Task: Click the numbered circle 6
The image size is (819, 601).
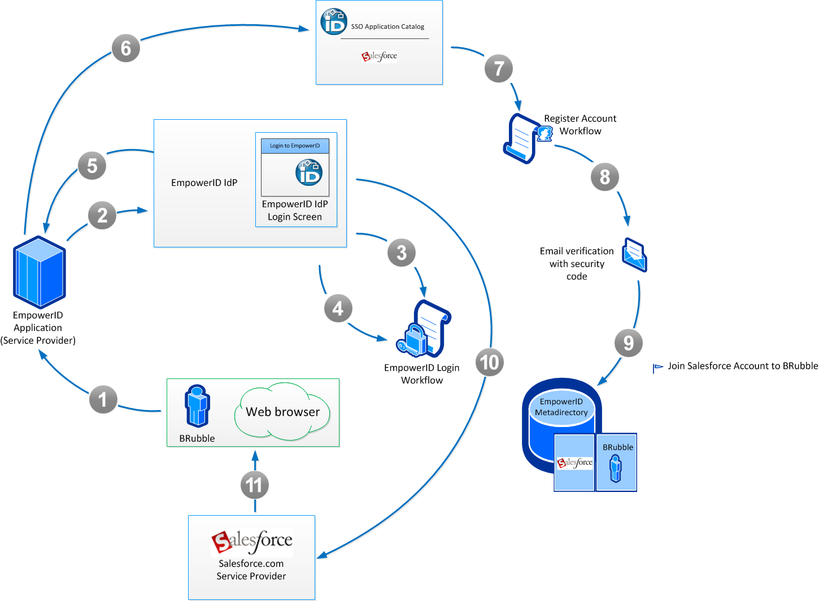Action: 125,48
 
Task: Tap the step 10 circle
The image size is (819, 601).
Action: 489,362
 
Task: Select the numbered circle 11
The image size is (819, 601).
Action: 254,485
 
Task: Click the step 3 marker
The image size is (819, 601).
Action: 402,252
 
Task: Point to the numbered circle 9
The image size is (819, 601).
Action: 628,343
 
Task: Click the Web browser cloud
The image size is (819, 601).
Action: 282,412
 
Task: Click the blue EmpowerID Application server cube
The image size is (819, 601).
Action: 40,272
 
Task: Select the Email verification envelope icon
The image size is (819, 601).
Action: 634,255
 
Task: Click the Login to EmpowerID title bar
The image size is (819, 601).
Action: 295,146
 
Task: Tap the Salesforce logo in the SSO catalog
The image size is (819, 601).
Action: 380,56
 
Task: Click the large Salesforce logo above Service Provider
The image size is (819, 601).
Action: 252,541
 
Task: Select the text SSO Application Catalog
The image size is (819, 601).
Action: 387,27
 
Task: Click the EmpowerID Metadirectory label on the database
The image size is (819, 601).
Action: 561,407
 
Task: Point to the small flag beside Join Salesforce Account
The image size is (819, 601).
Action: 657,368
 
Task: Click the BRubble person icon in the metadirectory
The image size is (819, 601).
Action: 616,468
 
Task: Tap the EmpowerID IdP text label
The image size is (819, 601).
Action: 204,182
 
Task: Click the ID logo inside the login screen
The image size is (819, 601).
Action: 309,173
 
